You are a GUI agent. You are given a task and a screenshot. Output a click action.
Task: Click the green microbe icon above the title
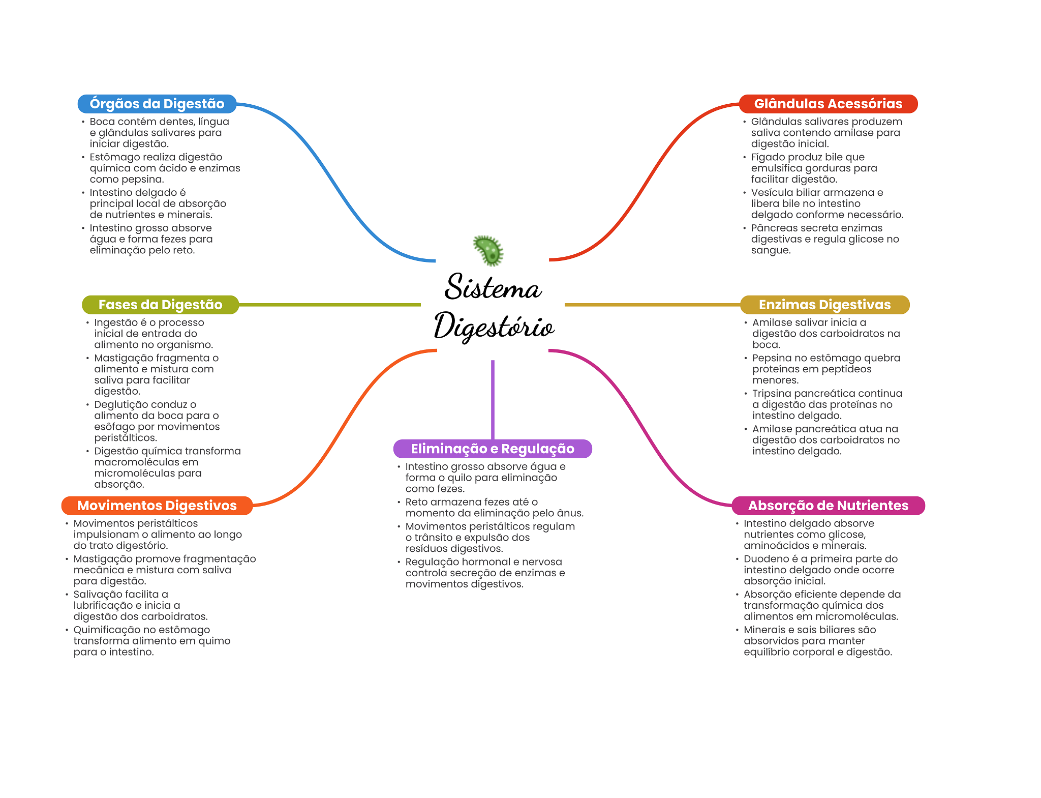[488, 250]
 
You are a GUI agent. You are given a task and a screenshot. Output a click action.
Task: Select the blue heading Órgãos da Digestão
[157, 104]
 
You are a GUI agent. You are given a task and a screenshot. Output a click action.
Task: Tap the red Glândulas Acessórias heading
[828, 104]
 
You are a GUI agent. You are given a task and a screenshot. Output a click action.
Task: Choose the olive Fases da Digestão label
[160, 305]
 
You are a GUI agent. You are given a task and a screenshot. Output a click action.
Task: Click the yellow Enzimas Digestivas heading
[824, 305]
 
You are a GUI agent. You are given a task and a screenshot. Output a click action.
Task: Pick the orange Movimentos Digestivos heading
[157, 506]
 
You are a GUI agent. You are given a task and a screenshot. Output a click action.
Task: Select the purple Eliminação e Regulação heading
[493, 449]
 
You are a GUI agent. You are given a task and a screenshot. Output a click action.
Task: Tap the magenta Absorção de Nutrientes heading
[828, 506]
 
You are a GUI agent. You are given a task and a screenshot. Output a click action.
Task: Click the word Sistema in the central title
[493, 286]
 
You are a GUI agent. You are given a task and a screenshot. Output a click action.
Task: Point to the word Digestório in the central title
[494, 326]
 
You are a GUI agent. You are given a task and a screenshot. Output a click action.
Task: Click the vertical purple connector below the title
[493, 400]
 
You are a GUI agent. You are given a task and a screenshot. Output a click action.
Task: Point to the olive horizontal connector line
[330, 305]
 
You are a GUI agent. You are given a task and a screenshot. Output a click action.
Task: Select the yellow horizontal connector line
[653, 305]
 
